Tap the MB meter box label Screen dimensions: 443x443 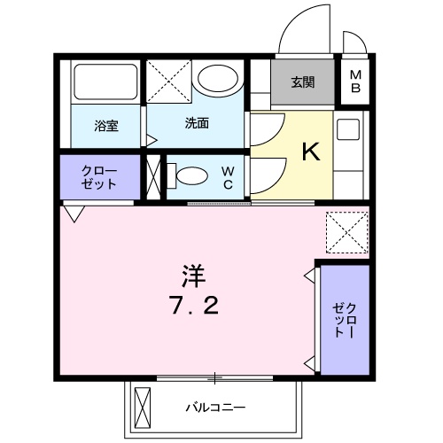click(x=355, y=82)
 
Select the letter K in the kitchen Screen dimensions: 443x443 click(x=310, y=152)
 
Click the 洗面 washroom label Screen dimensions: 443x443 click(x=197, y=123)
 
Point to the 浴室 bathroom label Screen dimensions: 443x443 click(x=106, y=125)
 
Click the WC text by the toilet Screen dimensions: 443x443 click(x=228, y=177)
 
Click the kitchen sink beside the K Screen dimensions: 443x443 click(x=348, y=132)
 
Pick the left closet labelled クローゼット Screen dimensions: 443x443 click(x=99, y=177)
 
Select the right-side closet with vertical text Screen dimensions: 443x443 click(x=344, y=319)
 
